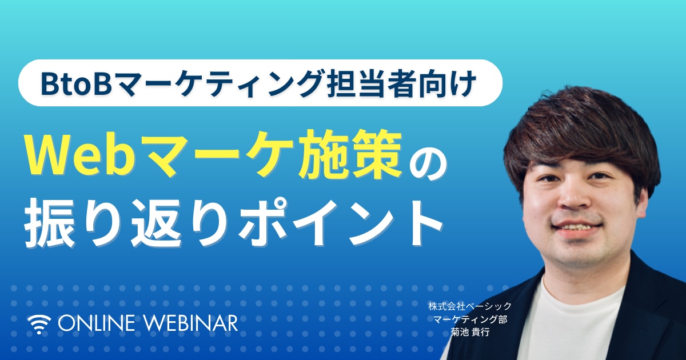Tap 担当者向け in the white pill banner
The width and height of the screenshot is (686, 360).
(x=401, y=83)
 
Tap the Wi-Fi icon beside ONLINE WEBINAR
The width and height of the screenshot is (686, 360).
(x=39, y=324)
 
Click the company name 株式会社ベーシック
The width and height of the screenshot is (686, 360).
(x=470, y=306)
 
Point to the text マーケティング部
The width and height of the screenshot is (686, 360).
(x=470, y=319)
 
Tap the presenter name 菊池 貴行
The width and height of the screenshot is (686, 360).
(x=470, y=333)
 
